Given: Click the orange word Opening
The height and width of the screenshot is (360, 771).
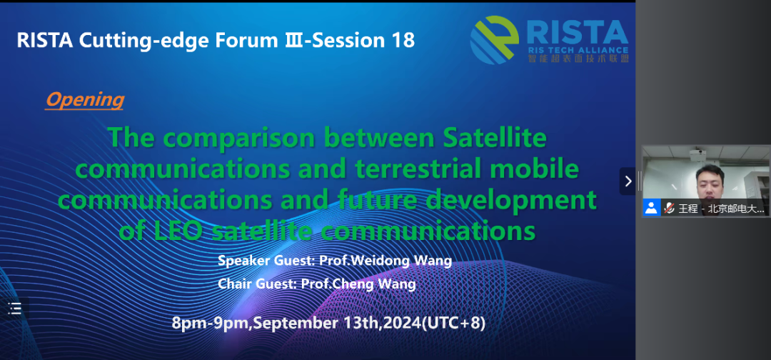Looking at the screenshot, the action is [84, 100].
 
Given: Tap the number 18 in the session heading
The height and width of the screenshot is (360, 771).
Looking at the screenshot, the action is [403, 40].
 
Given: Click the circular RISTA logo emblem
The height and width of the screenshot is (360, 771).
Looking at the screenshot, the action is [495, 40].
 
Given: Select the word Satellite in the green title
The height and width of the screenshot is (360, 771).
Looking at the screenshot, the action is [495, 138].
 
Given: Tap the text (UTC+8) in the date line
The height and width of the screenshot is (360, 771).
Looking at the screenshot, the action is [454, 323].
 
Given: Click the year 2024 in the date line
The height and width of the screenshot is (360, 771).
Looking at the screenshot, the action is [402, 323].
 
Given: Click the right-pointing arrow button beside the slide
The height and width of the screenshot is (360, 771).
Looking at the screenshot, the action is [628, 181].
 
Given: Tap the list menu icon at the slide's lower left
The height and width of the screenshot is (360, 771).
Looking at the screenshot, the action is [15, 309].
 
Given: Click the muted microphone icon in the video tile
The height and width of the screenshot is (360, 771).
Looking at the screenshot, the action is [669, 208].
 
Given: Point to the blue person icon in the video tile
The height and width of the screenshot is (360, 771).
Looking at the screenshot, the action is [652, 208].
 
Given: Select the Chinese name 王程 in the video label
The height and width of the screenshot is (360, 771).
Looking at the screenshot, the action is [688, 209].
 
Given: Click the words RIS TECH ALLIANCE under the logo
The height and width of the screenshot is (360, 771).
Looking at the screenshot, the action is [578, 50].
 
